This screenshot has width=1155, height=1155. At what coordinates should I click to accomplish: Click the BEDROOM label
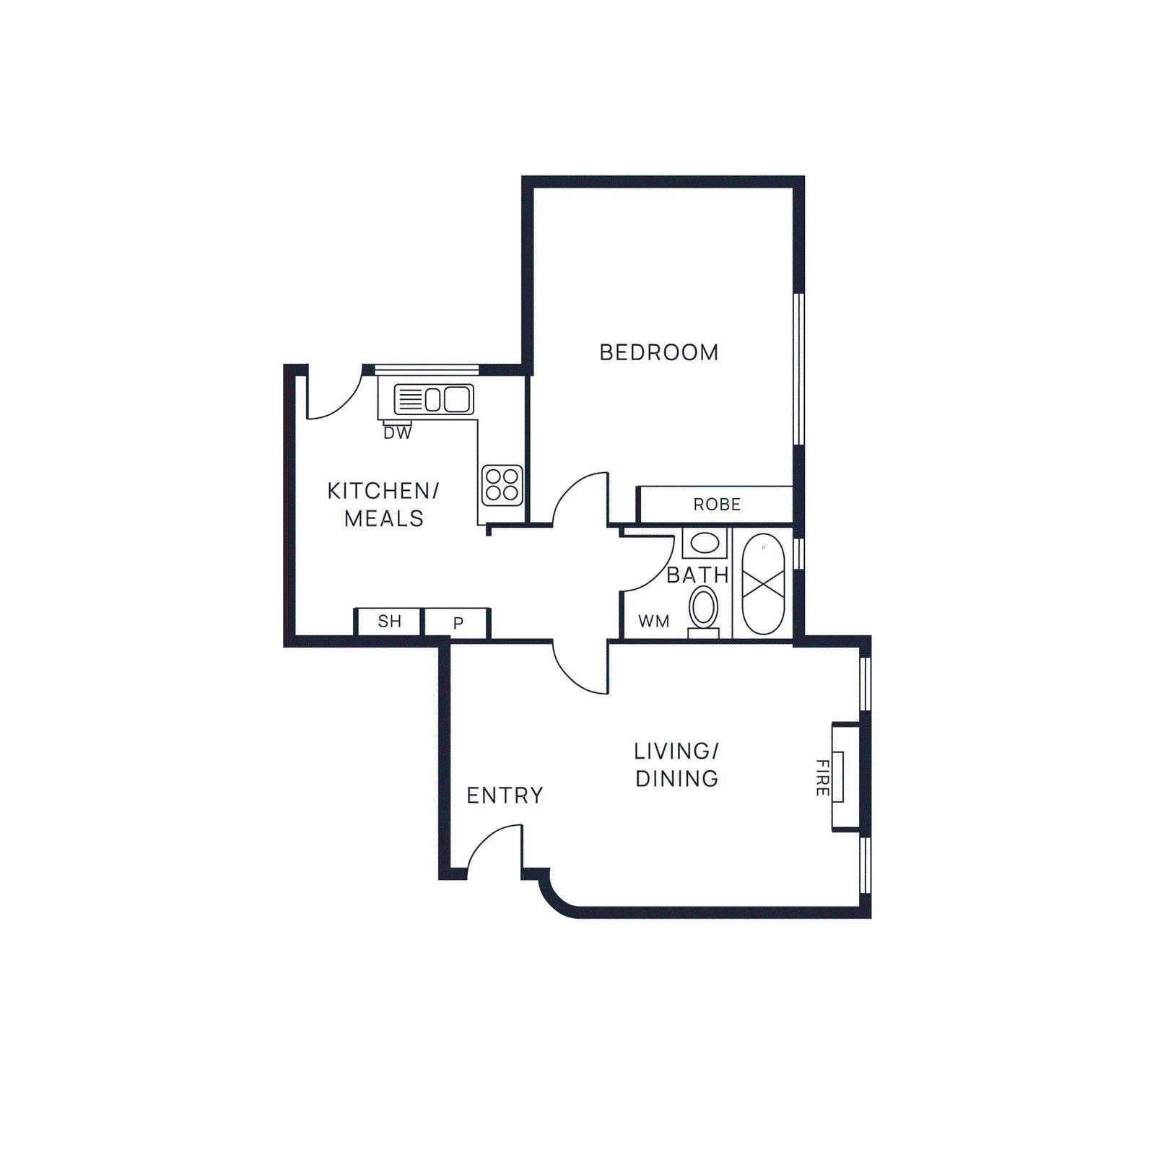pos(658,352)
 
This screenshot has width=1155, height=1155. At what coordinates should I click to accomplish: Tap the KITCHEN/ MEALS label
pos(383,505)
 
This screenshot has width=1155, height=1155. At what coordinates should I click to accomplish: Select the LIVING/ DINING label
pos(676,764)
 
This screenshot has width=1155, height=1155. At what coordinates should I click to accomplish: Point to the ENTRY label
pos(505,796)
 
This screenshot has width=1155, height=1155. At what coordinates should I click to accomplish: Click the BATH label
pos(697,575)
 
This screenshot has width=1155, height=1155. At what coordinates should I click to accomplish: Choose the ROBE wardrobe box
pos(716,504)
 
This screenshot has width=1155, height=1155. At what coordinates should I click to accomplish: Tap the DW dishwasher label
pos(397,433)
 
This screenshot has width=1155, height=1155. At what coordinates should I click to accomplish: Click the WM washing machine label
pos(654,621)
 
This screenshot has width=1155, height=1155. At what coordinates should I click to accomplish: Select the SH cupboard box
pos(388,621)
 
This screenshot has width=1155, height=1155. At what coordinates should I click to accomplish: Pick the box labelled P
pos(458,622)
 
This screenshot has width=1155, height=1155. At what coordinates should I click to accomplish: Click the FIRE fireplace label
pos(822,777)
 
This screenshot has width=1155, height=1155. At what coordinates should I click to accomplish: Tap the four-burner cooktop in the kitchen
pos(502,485)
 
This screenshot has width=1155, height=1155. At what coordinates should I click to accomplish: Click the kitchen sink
pos(434,399)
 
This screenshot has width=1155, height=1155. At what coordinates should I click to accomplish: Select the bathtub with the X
pos(763,584)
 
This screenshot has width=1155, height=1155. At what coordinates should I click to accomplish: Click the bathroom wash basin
pos(705,543)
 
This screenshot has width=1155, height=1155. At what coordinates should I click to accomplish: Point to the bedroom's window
pos(798,368)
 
